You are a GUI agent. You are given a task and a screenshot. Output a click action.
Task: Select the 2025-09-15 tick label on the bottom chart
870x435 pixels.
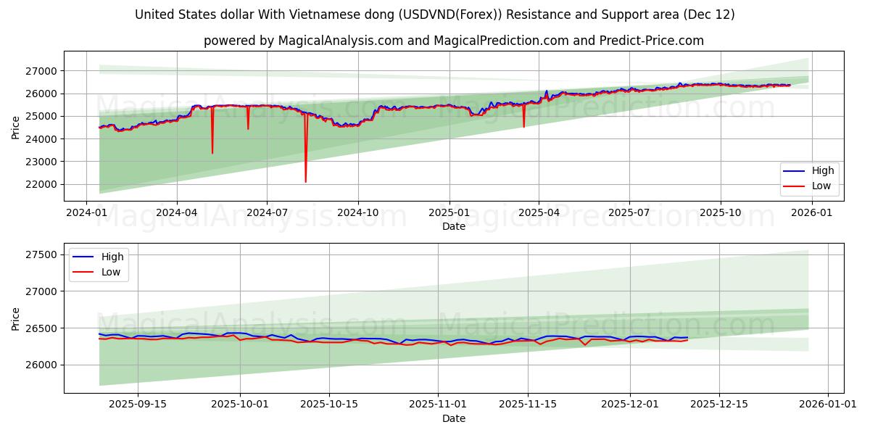[x=138, y=403]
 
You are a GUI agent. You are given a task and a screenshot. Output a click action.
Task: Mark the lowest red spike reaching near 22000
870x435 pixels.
[x=305, y=181]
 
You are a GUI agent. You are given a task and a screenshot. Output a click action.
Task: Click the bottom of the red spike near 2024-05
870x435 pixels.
[x=212, y=153]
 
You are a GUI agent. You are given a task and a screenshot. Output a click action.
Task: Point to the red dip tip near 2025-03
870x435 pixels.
[x=523, y=127]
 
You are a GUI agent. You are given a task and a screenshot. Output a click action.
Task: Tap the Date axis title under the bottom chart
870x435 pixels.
[x=454, y=418]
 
